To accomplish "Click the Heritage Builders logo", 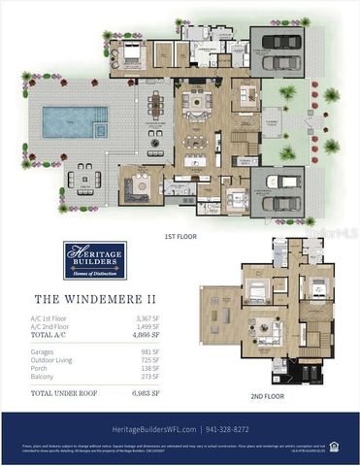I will pyautogui.click(x=94, y=260).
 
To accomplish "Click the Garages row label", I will pyautogui.click(x=48, y=350).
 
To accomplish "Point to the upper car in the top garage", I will pyautogui.click(x=278, y=45).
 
